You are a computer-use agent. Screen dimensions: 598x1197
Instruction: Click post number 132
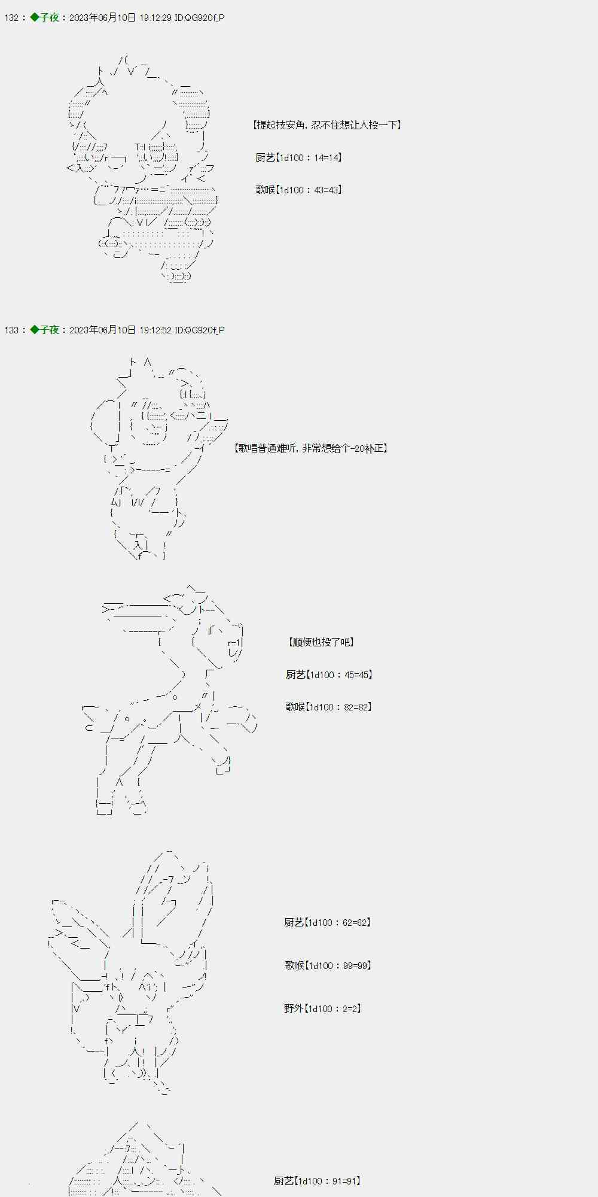11,18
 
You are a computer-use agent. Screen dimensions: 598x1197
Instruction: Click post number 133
11,330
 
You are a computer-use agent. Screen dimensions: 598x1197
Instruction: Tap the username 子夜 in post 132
50,18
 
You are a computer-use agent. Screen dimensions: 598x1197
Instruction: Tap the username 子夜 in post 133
50,330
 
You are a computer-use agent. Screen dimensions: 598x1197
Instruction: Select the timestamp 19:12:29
155,18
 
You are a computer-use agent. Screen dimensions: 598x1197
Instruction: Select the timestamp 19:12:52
155,330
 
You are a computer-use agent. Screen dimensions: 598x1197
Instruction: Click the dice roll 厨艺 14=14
299,157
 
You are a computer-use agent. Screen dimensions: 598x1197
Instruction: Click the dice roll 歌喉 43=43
299,190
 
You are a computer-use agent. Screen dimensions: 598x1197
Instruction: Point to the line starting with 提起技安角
327,125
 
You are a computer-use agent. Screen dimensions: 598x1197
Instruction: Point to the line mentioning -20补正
311,448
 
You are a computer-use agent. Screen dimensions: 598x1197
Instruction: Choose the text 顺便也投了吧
321,642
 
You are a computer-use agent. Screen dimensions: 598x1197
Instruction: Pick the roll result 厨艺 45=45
329,675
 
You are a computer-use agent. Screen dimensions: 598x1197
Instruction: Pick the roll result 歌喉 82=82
329,707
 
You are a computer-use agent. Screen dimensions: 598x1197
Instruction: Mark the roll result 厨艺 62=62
328,922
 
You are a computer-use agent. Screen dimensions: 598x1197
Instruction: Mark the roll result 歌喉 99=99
328,965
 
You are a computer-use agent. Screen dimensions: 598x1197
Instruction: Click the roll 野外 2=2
323,1008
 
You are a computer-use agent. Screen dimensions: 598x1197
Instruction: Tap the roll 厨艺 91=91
318,1181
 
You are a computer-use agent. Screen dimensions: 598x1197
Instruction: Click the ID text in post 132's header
200,18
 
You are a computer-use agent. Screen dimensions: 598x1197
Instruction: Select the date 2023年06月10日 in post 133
102,330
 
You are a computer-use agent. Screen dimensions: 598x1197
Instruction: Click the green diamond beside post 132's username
35,17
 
